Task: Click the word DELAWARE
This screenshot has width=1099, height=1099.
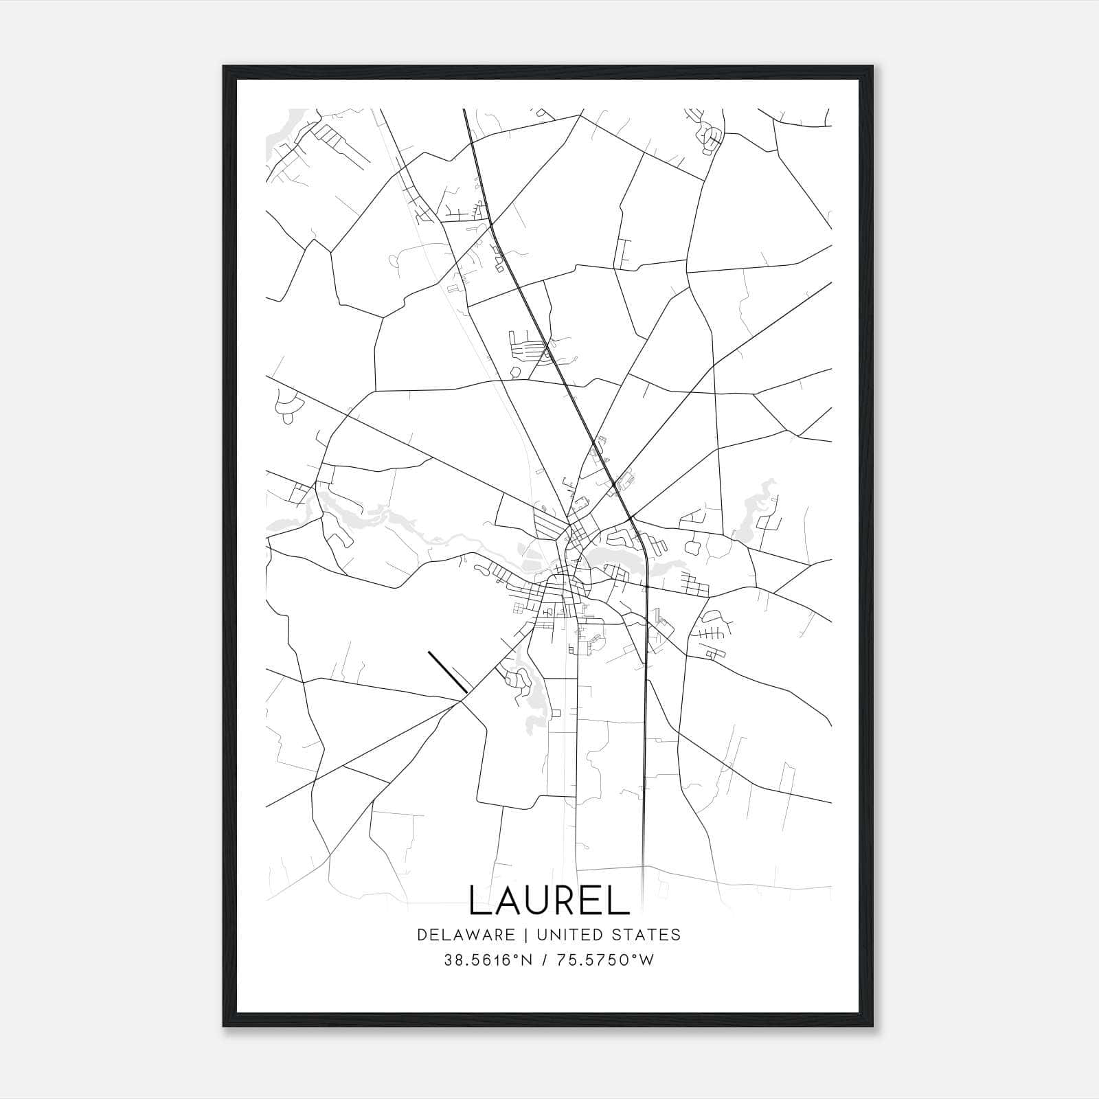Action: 465,934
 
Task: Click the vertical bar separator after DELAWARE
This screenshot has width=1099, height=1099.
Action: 526,934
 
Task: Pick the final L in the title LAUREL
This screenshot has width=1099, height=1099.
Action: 622,900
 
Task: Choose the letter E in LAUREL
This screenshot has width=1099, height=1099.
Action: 596,900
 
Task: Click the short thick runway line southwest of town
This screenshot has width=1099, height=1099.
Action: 448,672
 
